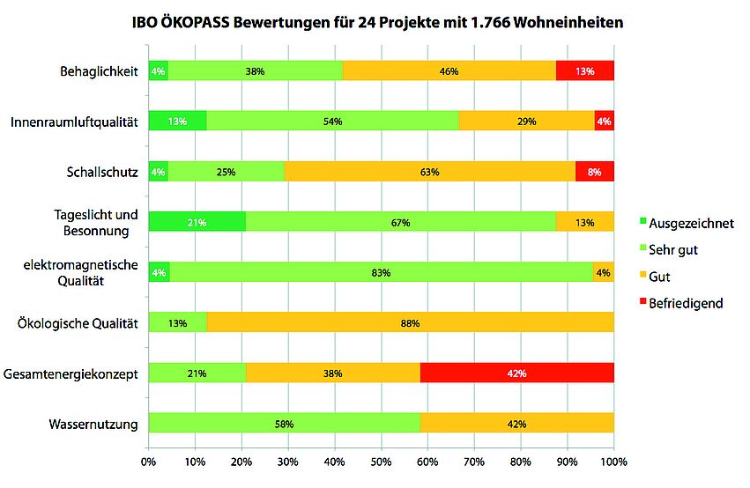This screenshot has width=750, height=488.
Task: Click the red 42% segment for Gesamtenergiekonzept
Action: click(x=517, y=373)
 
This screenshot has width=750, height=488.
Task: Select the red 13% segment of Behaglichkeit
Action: click(x=584, y=71)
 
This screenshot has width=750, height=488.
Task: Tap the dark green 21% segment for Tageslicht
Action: click(x=197, y=223)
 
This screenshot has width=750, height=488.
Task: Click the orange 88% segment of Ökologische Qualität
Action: click(x=410, y=323)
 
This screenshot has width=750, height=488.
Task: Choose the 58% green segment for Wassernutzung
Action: click(x=285, y=424)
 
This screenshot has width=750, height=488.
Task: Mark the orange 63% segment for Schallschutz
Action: click(x=429, y=172)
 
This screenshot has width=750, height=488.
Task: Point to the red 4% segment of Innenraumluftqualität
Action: click(x=604, y=122)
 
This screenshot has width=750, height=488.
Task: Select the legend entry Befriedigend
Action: click(x=692, y=303)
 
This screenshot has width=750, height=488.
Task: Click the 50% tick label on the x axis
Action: click(x=381, y=461)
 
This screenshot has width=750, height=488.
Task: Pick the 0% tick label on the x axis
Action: click(x=149, y=461)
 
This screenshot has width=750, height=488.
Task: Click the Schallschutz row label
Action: click(x=102, y=172)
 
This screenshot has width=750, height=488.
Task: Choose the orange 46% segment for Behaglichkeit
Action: click(x=449, y=71)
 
